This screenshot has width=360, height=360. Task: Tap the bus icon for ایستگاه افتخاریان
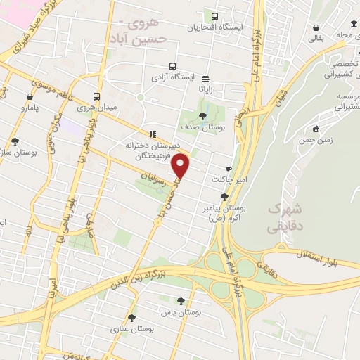[x=214, y=17]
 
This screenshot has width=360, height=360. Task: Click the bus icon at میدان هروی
[x=96, y=97]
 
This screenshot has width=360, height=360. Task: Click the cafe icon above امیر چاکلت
[x=229, y=169]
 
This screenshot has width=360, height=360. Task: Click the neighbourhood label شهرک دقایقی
[x=284, y=219]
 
